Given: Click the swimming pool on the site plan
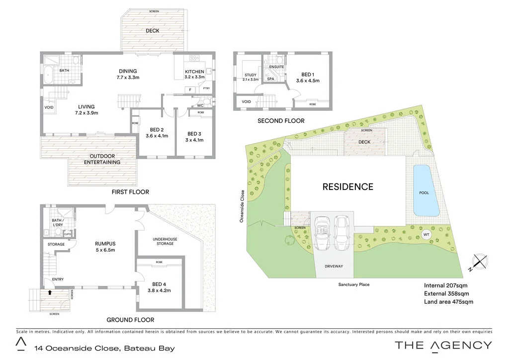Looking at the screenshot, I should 426,190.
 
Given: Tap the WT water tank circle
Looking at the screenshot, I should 426,234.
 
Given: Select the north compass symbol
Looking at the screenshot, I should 480,262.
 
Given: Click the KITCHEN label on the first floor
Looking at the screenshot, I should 194,72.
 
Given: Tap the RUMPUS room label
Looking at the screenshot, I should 105,244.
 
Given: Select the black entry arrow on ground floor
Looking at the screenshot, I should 50,292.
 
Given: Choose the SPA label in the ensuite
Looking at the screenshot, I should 271,79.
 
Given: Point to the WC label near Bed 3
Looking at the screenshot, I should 200,105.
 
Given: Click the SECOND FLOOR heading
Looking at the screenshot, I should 281,121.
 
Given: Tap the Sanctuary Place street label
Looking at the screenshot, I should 354,284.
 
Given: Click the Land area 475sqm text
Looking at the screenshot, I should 448,301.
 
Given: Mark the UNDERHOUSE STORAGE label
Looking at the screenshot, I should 165,241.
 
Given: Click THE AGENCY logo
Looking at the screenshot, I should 443,345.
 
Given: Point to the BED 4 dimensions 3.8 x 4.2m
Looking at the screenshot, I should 159,290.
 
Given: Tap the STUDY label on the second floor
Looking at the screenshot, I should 250,75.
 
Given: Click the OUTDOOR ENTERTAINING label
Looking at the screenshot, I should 102,159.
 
